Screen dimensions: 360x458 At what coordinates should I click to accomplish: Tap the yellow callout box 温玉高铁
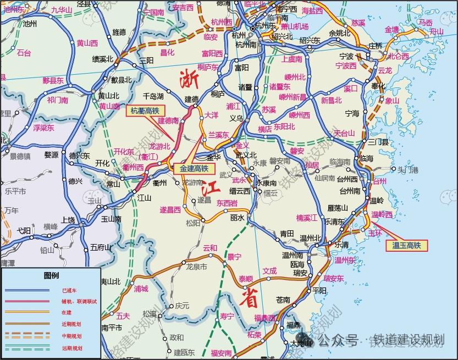click(406, 246)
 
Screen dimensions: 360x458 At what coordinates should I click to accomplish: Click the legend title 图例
click(51, 275)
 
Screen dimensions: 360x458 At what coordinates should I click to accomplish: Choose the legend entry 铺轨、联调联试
click(80, 301)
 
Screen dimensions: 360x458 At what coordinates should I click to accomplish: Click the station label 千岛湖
click(153, 96)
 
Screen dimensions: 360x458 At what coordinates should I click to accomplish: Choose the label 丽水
click(237, 218)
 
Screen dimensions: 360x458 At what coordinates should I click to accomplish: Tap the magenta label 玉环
click(375, 232)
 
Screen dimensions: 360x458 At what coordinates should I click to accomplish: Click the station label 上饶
click(68, 219)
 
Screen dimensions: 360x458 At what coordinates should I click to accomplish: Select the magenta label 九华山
click(61, 10)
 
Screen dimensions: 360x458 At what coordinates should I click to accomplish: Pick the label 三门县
click(378, 142)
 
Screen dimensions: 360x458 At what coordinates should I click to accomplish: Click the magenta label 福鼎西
click(264, 318)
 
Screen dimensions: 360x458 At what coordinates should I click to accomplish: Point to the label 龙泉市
click(196, 267)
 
